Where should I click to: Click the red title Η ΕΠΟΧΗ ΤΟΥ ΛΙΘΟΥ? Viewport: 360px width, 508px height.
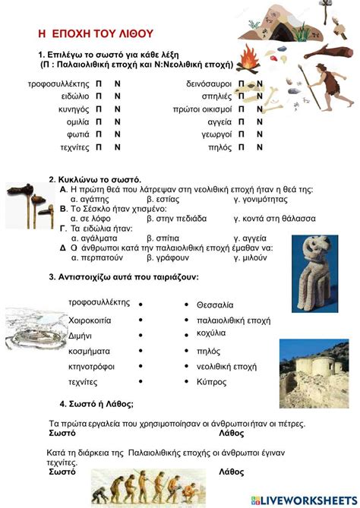96,33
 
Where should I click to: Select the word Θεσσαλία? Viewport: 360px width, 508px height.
215,304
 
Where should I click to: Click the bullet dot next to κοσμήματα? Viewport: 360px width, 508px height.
141,352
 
